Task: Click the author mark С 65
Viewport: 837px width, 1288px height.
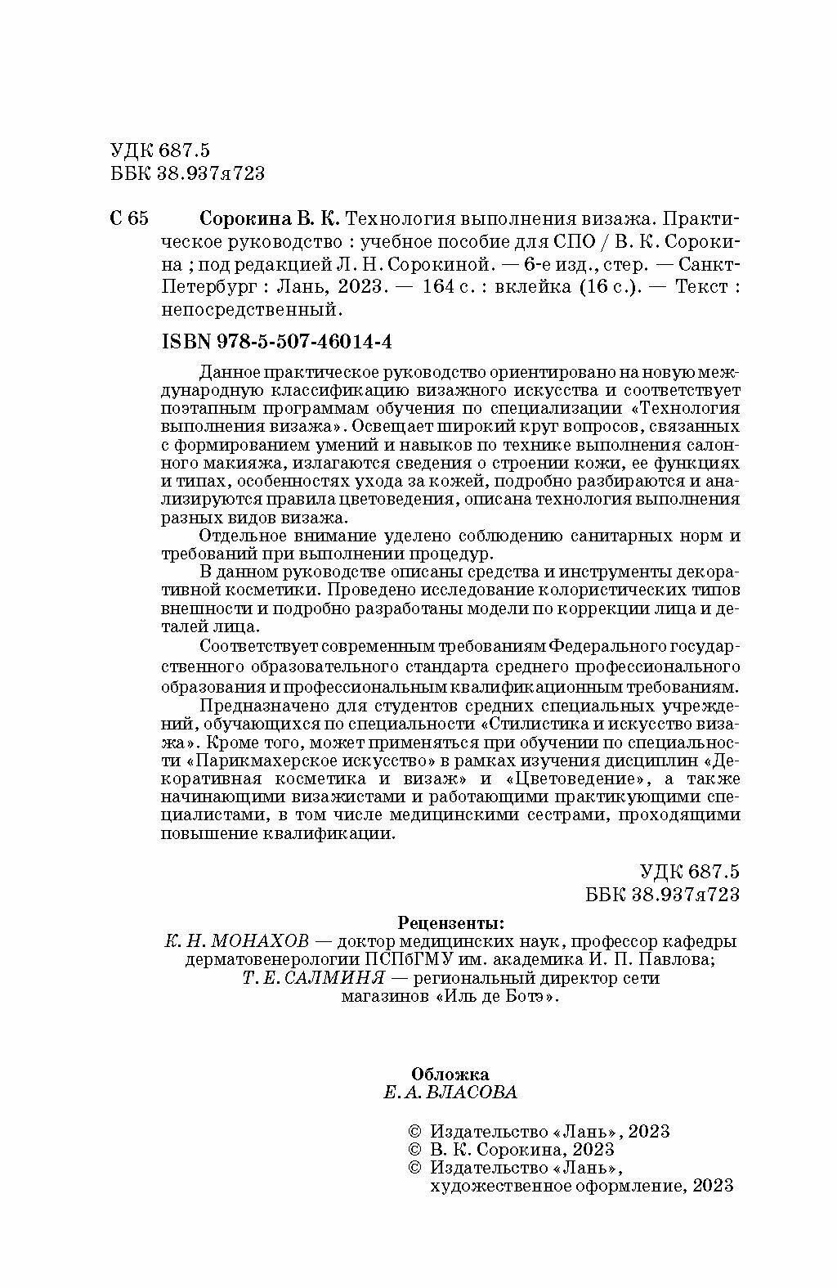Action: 128,219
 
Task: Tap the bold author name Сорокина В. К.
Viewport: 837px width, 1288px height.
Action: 271,219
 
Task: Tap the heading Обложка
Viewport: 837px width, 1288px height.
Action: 450,1074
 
